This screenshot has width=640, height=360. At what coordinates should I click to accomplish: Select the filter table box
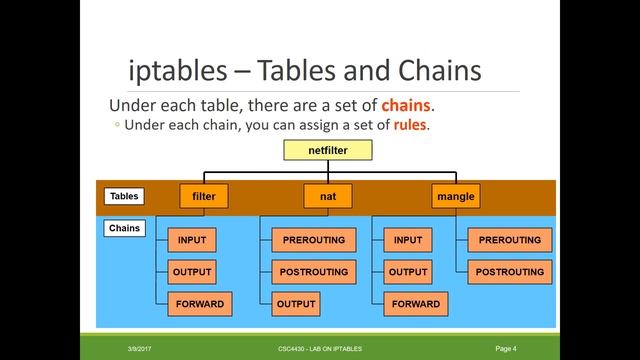[204, 196]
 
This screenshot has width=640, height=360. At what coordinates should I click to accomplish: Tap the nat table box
[328, 196]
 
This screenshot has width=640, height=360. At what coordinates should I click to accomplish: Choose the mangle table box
[456, 196]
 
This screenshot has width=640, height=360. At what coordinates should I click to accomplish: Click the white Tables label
[124, 196]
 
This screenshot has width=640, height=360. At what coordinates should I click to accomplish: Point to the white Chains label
[124, 229]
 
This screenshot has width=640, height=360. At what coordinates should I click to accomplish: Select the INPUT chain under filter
[192, 240]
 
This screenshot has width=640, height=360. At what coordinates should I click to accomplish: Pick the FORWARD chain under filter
[199, 303]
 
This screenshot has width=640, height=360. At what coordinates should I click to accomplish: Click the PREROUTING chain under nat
[313, 240]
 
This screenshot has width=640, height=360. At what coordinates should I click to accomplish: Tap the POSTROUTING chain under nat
[313, 272]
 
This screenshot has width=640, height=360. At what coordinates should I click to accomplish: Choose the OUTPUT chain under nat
[295, 303]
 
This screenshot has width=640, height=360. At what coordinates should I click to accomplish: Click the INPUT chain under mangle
[407, 240]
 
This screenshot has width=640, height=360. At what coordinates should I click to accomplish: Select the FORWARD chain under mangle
[414, 303]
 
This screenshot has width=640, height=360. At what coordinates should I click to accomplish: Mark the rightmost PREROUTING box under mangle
[509, 240]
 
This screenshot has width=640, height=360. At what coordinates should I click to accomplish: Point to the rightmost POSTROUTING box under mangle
[509, 272]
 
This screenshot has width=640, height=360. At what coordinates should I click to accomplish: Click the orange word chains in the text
[409, 106]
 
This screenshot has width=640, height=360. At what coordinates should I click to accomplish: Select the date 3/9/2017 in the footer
[139, 348]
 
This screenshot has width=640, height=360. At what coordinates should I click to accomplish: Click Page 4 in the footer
[506, 348]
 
